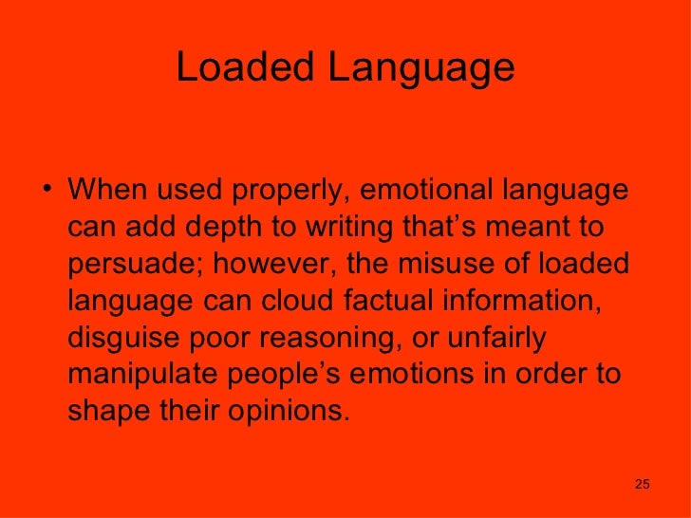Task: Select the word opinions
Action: click(x=295, y=414)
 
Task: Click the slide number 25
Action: click(x=642, y=486)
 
